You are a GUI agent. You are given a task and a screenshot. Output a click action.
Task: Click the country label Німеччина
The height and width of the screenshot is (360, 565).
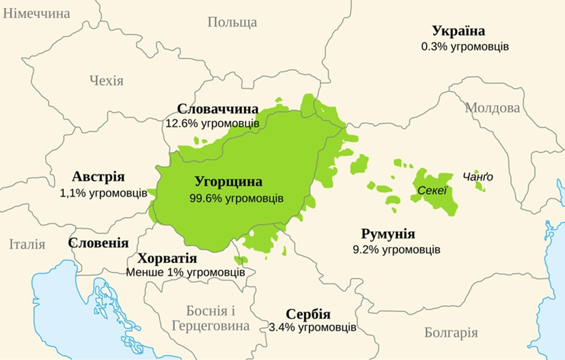point(36,13)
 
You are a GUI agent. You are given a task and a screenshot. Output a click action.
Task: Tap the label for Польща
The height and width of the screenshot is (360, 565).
point(232,22)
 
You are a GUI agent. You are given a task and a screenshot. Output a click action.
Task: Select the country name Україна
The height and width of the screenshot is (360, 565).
point(458,31)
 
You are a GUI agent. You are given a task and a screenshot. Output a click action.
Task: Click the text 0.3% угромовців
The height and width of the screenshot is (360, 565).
point(465,47)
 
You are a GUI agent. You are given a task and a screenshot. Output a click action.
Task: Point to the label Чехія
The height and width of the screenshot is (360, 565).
point(106,80)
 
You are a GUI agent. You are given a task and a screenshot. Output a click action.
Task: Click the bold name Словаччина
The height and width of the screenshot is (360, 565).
point(218,109)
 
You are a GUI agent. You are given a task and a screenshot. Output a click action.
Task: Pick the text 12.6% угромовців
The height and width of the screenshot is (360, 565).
point(212,124)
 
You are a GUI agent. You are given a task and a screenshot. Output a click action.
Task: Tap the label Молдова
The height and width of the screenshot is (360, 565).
point(492,108)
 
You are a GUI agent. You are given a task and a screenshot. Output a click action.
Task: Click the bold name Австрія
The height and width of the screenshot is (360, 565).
point(98,177)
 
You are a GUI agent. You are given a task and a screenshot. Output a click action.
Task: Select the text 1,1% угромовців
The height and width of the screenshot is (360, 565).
point(104,193)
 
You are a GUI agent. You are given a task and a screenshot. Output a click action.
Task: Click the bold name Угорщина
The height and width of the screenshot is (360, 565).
point(228,182)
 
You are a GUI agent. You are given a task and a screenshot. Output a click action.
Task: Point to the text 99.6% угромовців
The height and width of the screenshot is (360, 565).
point(236,198)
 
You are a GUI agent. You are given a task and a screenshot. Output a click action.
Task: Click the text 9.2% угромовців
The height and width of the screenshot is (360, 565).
point(396,249)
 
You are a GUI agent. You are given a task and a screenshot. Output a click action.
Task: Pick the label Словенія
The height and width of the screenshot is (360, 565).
point(98,243)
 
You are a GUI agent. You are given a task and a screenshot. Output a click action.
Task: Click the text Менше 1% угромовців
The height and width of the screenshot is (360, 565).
point(185,272)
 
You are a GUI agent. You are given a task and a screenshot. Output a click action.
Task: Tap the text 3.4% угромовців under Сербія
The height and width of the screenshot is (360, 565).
point(313,327)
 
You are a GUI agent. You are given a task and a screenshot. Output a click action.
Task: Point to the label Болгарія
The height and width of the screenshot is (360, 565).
point(451,333)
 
